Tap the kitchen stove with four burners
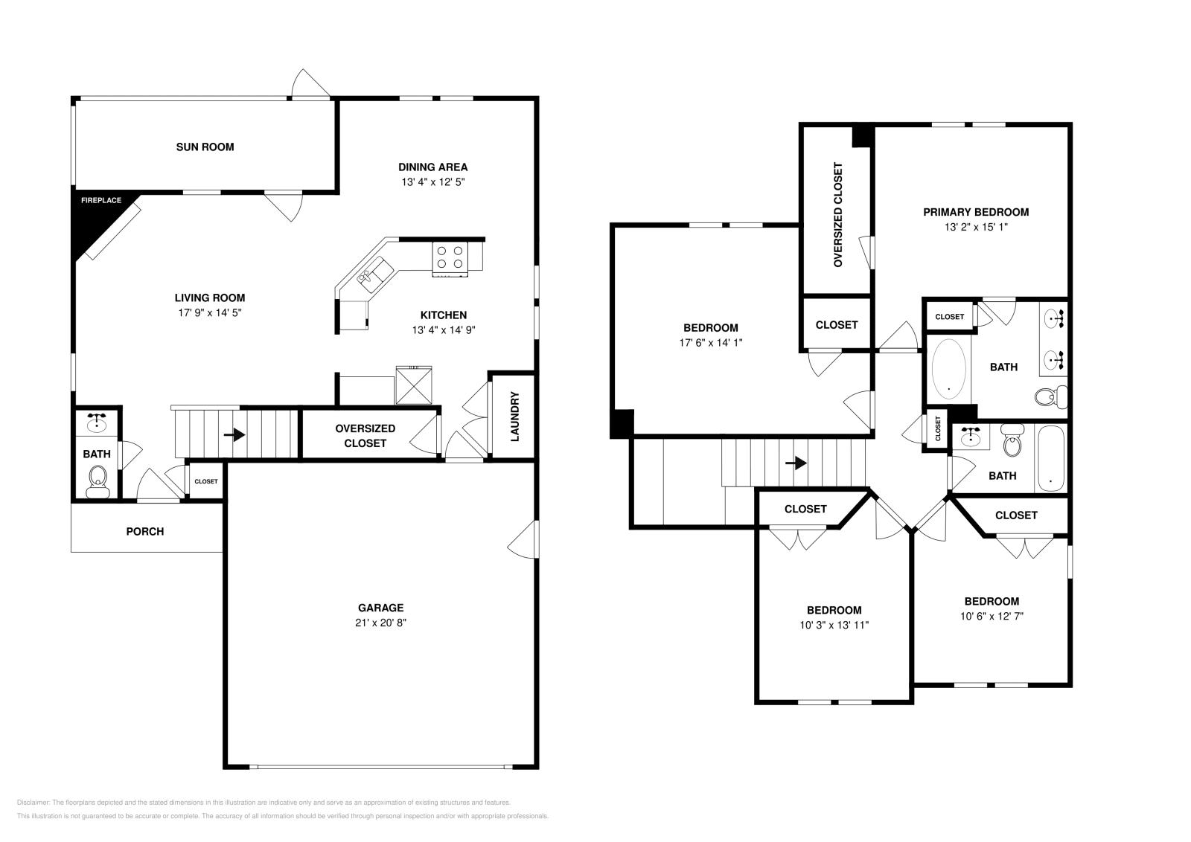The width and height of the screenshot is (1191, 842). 450,257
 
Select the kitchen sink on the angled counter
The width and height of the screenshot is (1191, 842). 374,271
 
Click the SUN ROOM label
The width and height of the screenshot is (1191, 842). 205,147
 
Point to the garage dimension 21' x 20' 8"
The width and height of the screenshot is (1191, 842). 380,623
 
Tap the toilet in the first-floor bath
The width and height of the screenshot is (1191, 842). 98,480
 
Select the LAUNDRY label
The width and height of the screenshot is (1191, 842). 514,417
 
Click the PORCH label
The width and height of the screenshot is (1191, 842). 145,531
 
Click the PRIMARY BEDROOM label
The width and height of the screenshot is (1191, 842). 976,212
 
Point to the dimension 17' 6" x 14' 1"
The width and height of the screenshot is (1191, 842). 710,343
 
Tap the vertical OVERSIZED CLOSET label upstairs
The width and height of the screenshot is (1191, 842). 838,215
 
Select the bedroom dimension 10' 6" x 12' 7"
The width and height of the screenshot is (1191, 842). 992,616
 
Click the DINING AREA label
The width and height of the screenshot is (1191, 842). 432,167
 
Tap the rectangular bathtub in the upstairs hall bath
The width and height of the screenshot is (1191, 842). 1050,458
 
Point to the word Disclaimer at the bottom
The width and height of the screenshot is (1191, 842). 32,803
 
